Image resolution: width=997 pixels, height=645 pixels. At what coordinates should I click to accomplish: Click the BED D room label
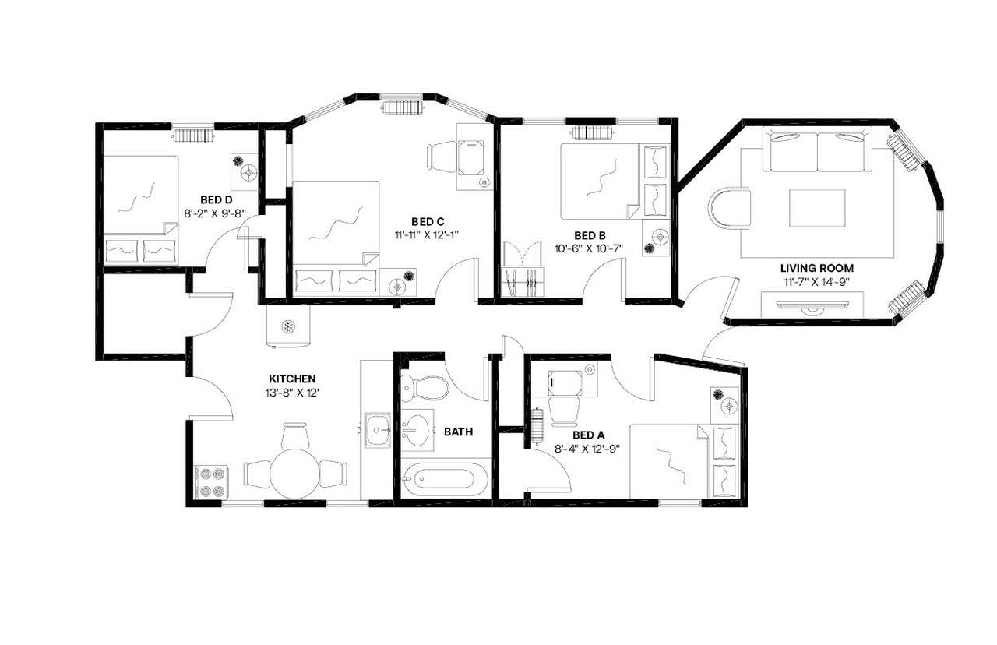coord(216,199)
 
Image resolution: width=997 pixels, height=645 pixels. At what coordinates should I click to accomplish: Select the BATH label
coord(457,431)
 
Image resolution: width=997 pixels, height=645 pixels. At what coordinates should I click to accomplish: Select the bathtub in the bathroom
coord(442,476)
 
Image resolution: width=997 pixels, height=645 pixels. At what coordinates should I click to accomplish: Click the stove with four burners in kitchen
coord(210,481)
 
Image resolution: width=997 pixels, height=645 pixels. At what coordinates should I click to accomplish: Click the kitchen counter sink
coord(379,429)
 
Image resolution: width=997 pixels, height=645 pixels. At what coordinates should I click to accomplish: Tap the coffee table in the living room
coord(817,208)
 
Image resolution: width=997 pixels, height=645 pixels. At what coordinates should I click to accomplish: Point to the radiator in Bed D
coord(192,136)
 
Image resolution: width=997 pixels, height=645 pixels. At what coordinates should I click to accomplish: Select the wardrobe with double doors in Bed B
coord(522,272)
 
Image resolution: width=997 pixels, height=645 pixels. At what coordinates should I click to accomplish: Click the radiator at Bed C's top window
coord(402,107)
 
